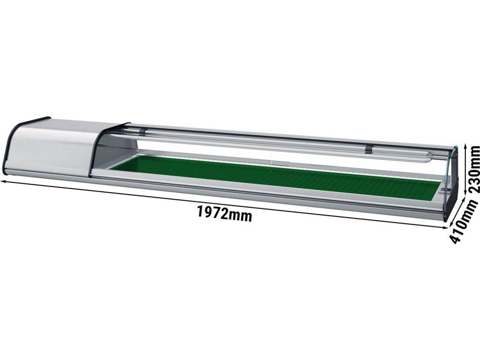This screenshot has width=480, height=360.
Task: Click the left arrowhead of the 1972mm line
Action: [x=4, y=182]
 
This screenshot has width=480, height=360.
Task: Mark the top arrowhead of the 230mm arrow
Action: [x=466, y=148]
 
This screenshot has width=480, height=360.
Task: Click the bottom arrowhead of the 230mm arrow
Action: [x=465, y=192]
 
